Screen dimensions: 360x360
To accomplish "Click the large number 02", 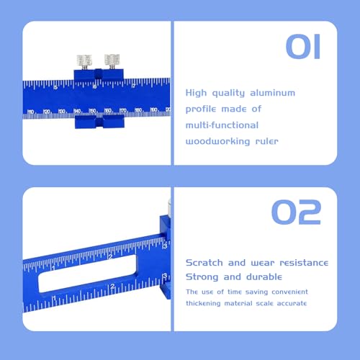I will tap(296, 213).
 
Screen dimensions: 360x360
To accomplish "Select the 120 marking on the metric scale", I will tap(47, 112).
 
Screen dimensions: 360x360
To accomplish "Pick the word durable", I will tap(265, 277).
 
